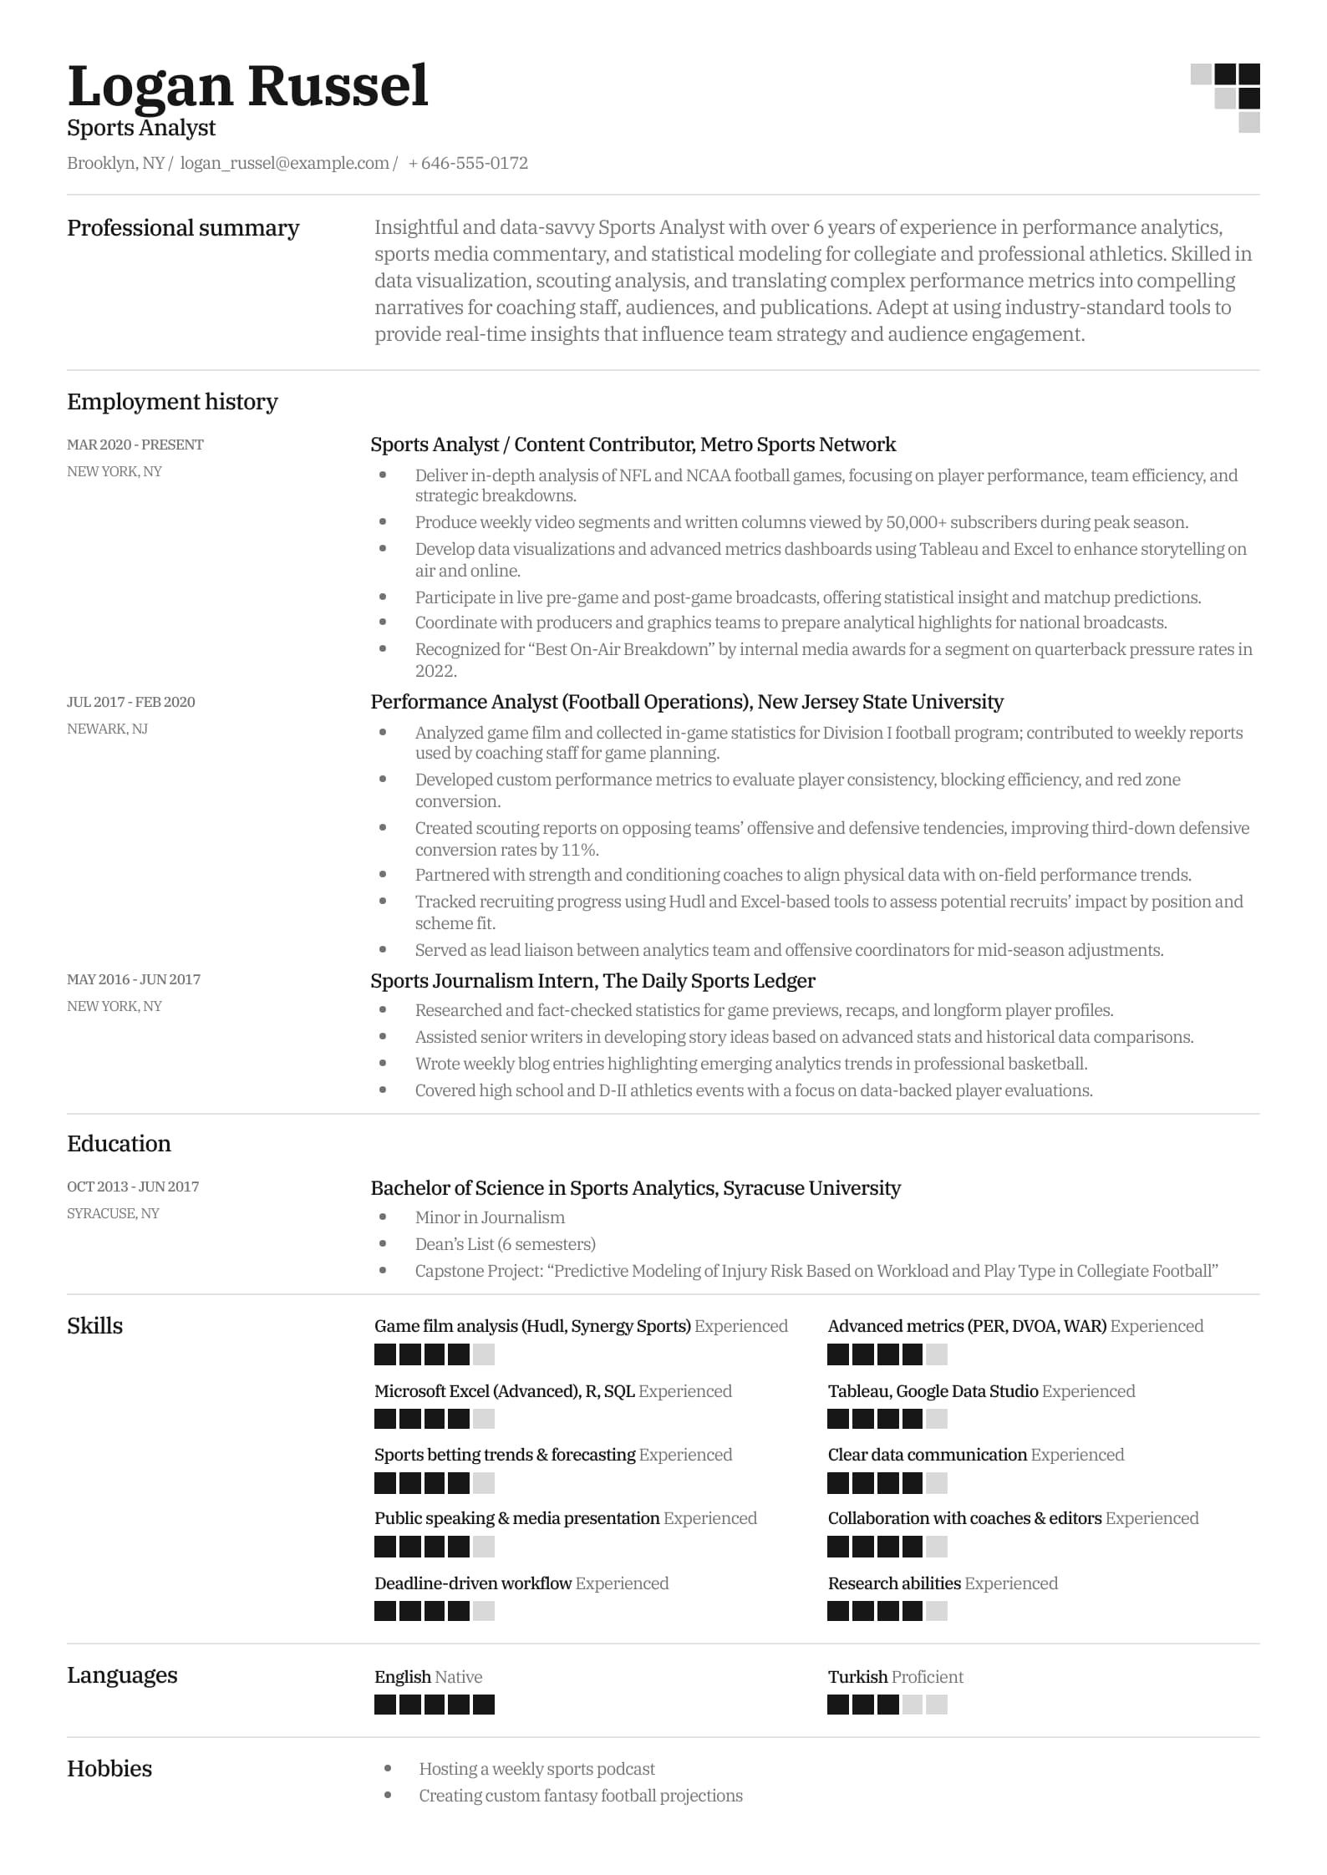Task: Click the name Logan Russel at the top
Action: [x=247, y=86]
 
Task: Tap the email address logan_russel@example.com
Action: [x=284, y=163]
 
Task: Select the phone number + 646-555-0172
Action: [x=468, y=163]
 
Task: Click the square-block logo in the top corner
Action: [x=1225, y=97]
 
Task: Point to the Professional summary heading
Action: [x=183, y=228]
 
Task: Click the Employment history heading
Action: [x=172, y=402]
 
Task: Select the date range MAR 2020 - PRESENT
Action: [x=135, y=445]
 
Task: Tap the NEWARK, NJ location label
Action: [x=107, y=729]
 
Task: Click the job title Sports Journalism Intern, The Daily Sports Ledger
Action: [x=592, y=981]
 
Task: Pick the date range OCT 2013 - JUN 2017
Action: [x=133, y=1186]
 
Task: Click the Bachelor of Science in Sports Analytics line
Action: [x=635, y=1188]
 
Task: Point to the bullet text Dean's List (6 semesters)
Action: [x=505, y=1244]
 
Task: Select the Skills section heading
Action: [x=94, y=1326]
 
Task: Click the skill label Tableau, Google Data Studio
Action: [x=933, y=1391]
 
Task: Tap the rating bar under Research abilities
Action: [x=887, y=1610]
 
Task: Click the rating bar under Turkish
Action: [x=887, y=1704]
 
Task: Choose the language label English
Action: [x=402, y=1677]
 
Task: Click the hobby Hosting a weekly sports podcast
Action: [x=536, y=1769]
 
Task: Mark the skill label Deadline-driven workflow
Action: [x=472, y=1583]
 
